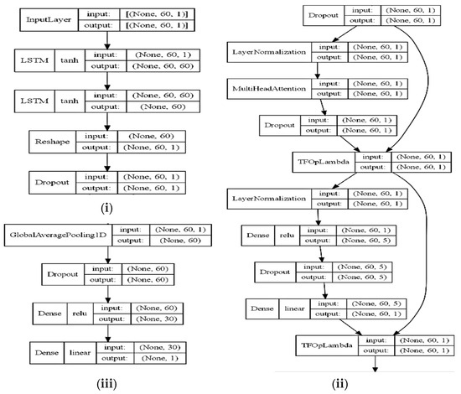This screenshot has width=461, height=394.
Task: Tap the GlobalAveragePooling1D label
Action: point(54,236)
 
